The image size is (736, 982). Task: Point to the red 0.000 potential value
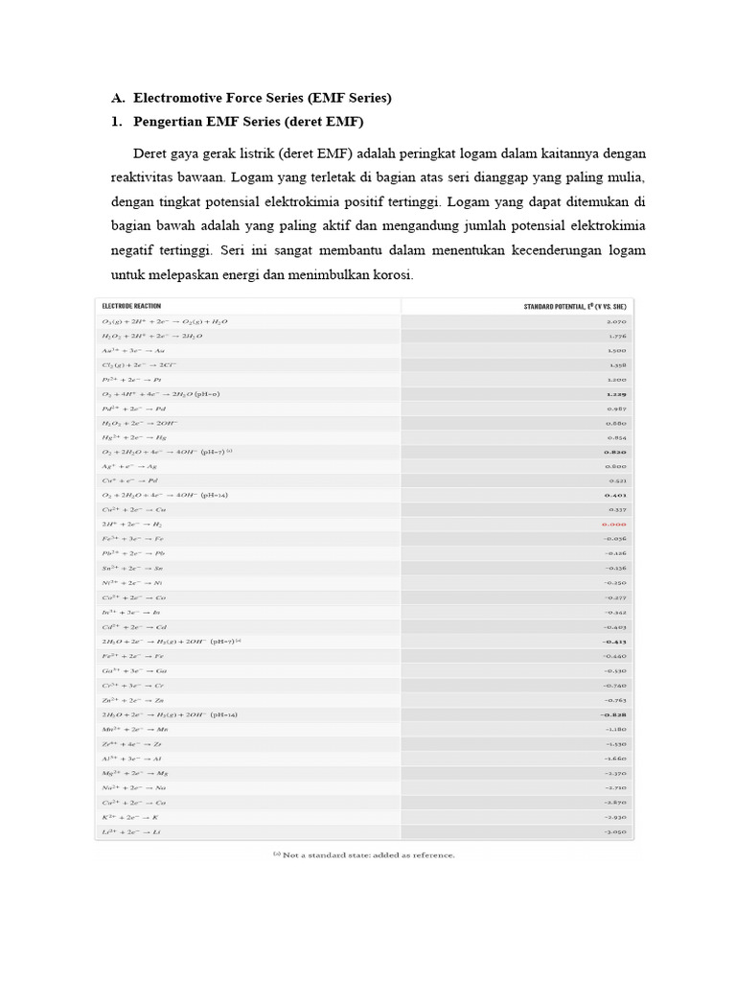click(613, 526)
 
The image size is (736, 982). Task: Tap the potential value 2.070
click(616, 321)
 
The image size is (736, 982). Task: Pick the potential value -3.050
click(614, 831)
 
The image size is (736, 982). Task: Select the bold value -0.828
click(613, 715)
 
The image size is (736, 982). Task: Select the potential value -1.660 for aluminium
click(614, 759)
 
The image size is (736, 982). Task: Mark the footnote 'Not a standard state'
click(364, 854)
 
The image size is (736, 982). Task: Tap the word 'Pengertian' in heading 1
click(172, 123)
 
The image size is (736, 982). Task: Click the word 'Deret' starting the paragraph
click(151, 153)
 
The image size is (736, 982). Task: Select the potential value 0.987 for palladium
click(616, 409)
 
